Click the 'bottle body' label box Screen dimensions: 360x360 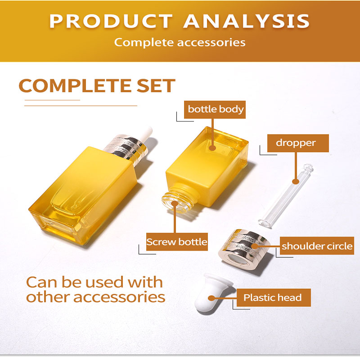pos(215,109)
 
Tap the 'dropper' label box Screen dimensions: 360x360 pos(298,143)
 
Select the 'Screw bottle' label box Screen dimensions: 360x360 pos(177,242)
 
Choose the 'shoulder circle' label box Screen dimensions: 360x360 pos(317,246)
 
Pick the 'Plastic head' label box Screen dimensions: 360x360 pos(274,297)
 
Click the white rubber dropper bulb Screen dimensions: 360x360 pos(212,293)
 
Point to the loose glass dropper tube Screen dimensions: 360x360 pos(286,196)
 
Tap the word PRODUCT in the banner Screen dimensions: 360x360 pos(111,21)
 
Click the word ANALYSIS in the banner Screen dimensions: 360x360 pos(246,21)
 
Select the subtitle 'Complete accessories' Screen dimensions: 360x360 pos(180,42)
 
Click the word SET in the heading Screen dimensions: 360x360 pos(156,85)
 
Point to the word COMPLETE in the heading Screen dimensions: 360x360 pos(75,85)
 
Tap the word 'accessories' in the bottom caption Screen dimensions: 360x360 pos(119,297)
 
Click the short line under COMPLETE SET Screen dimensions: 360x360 pos(52,100)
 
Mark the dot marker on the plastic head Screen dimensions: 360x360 pos(211,298)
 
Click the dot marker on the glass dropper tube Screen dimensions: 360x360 pos(296,182)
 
